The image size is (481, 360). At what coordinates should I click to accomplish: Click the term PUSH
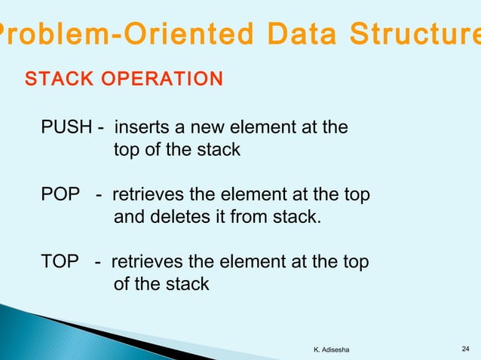coord(63,127)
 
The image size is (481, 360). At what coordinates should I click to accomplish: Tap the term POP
coord(60,195)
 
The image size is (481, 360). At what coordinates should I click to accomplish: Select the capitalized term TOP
coord(60,262)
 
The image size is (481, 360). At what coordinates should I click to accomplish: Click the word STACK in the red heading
coord(54,79)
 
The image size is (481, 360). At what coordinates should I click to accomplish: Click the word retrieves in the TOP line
coord(147,262)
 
